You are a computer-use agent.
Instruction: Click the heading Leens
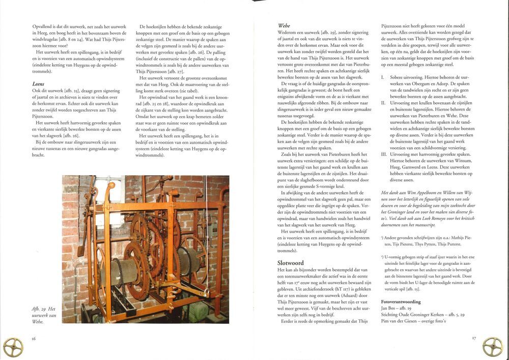coord(39,84)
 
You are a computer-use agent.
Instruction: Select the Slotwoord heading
coord(289,262)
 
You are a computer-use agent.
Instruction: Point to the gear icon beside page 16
coord(13,347)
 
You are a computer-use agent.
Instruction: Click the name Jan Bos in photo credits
coord(390,309)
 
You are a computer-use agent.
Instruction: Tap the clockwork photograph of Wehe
coord(146,249)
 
